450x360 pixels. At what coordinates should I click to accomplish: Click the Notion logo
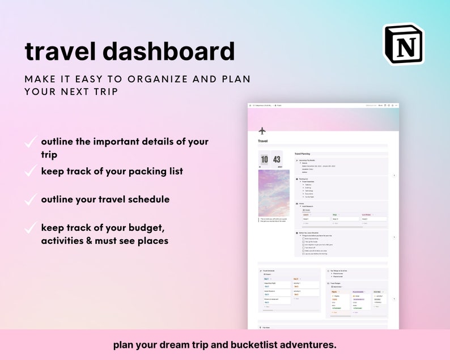click(403, 44)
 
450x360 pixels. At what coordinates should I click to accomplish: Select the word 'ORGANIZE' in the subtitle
click(146, 79)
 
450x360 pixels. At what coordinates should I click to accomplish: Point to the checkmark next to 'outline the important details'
click(31, 142)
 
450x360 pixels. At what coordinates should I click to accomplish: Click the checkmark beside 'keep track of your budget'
click(31, 228)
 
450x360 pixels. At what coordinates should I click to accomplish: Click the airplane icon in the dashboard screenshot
click(262, 131)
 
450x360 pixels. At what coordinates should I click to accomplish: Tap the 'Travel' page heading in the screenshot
click(263, 141)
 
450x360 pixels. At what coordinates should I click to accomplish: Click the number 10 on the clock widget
click(264, 160)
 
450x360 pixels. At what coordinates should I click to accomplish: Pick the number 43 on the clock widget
click(277, 160)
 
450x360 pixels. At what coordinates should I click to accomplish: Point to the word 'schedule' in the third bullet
click(148, 200)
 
